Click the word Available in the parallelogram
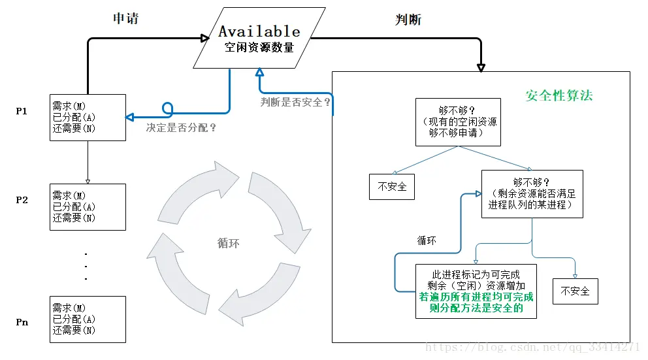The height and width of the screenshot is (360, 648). tap(259, 31)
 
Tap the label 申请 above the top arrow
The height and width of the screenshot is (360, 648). tap(125, 18)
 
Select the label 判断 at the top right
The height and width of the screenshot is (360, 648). tap(408, 20)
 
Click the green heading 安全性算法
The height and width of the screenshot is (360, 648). tap(559, 95)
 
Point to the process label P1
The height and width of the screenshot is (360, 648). tap(22, 111)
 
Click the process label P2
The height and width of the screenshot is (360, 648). tap(22, 200)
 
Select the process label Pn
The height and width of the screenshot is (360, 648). tap(22, 322)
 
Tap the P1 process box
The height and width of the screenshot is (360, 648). tap(88, 117)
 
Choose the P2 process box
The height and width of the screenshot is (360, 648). tap(88, 206)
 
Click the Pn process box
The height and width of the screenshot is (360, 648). tap(88, 319)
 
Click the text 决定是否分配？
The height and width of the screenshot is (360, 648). tap(181, 128)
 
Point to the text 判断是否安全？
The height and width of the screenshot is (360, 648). tap(296, 102)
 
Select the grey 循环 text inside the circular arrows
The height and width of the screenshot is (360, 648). tap(229, 243)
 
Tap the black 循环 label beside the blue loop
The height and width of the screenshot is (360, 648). tap(427, 240)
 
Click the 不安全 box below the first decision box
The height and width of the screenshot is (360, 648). tap(392, 187)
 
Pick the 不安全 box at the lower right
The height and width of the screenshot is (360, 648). tap(575, 291)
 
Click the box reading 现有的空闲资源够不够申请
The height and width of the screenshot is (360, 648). tap(458, 122)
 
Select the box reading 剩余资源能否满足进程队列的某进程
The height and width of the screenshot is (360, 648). tap(532, 193)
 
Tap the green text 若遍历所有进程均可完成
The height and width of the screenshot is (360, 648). tap(476, 297)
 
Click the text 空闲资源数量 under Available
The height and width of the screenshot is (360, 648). tap(259, 48)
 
